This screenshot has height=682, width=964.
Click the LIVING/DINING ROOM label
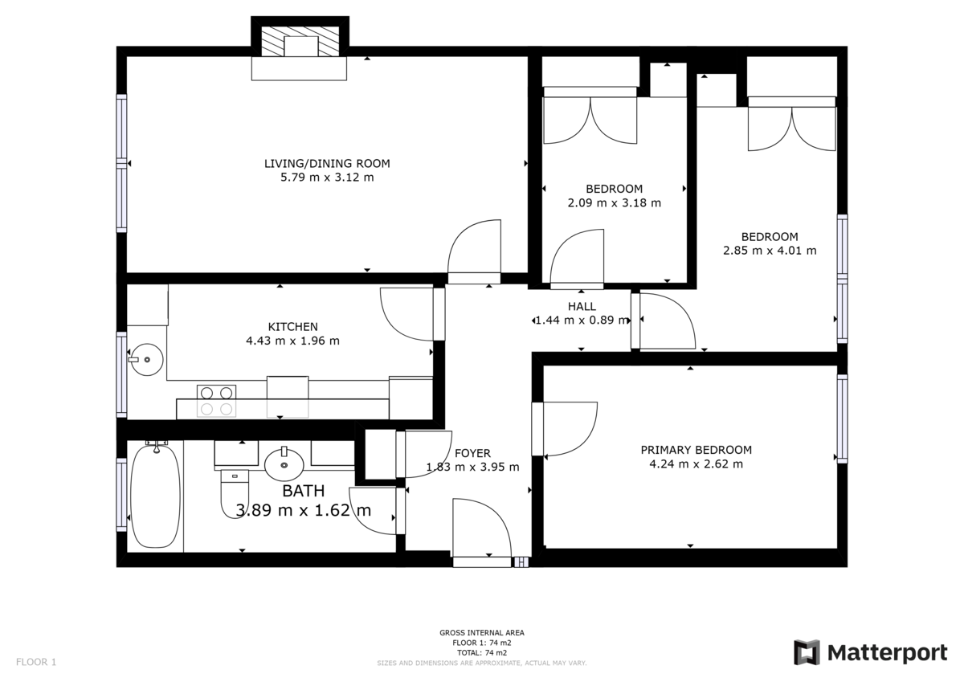[327, 164]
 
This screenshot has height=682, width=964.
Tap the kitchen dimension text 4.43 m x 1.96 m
[292, 341]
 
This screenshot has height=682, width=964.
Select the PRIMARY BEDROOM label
[696, 450]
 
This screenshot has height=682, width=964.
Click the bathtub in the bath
[155, 496]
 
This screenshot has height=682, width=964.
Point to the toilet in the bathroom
[235, 493]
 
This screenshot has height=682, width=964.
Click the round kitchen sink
[147, 359]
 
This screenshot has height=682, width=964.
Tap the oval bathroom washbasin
[284, 464]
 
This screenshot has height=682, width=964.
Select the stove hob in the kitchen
[216, 401]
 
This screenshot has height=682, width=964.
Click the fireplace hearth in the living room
[299, 68]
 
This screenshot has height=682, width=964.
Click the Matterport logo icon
[807, 653]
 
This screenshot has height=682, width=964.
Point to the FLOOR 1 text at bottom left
[36, 662]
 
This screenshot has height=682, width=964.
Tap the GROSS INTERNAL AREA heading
[482, 632]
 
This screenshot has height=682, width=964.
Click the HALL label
[582, 306]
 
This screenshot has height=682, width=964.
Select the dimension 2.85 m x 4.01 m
[770, 251]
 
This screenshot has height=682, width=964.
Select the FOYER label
[472, 453]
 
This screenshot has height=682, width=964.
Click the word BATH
[304, 491]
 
